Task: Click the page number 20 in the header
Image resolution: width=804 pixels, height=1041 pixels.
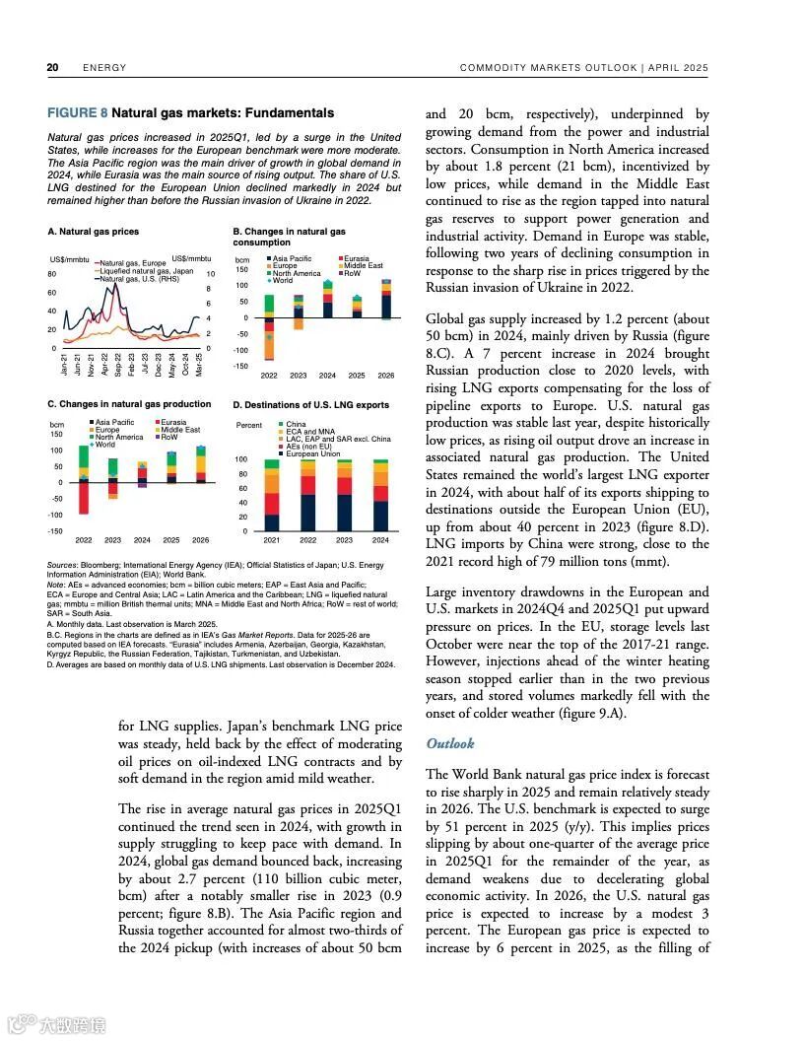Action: tap(53, 68)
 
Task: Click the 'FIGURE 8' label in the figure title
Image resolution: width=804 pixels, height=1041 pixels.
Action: tap(78, 113)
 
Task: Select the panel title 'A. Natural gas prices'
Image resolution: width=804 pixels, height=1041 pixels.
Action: tap(93, 232)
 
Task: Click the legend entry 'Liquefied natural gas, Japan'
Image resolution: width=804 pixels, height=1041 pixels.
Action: tap(146, 271)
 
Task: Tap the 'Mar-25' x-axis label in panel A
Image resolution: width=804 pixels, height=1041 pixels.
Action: tap(199, 364)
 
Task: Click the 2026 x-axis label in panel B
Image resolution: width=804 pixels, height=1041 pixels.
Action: tap(385, 376)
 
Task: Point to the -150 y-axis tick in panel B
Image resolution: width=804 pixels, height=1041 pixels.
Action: tap(241, 366)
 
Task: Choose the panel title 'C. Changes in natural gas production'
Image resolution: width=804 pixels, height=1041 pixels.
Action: tap(129, 404)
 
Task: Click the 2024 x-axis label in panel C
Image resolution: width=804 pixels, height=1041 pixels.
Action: tap(142, 540)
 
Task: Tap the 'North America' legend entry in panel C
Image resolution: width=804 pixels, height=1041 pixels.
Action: tap(120, 438)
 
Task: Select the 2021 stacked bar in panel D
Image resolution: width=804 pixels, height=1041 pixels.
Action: tap(272, 496)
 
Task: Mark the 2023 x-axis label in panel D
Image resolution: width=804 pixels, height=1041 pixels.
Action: tap(344, 540)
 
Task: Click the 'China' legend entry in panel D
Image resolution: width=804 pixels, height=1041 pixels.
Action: tap(296, 425)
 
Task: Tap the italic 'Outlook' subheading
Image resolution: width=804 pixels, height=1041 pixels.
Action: tap(450, 743)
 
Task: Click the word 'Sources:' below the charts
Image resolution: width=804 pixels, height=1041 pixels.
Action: tap(63, 566)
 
